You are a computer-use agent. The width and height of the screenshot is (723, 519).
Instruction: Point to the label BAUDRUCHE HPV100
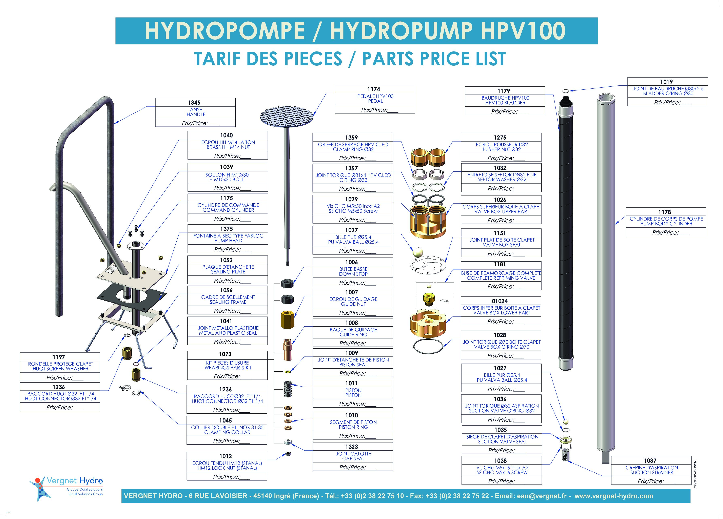(x=505, y=98)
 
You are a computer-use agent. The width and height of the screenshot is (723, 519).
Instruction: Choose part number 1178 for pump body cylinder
(x=665, y=212)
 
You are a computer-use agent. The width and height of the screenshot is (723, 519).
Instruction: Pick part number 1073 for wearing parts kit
(x=225, y=354)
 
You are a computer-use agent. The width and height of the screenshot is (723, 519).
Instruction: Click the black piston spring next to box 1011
(x=288, y=389)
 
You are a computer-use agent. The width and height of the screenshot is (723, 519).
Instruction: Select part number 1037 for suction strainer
(x=650, y=460)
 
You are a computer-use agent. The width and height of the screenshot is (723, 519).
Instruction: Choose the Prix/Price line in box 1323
(x=358, y=467)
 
